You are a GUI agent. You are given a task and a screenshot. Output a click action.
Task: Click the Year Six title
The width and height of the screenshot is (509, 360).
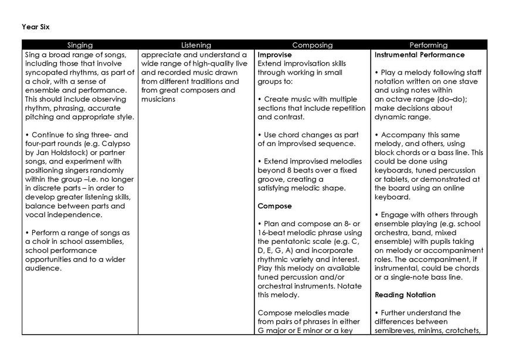tap(34, 26)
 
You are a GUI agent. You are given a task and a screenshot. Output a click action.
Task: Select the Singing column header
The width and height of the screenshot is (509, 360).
tap(80, 45)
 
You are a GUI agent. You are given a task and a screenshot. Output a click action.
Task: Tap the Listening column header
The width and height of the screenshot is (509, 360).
tap(196, 45)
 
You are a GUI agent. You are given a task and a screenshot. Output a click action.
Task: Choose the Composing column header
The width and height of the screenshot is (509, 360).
tap(312, 45)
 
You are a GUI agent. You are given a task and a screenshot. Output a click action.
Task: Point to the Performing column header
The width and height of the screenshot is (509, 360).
tap(428, 45)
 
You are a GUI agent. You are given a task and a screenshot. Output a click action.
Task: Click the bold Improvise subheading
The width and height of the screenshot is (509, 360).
tap(275, 55)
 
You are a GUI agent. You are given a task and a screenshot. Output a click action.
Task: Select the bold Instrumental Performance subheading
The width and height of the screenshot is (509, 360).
tap(419, 55)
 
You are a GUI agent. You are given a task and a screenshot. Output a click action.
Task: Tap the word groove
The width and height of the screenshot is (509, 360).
tap(272, 179)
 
